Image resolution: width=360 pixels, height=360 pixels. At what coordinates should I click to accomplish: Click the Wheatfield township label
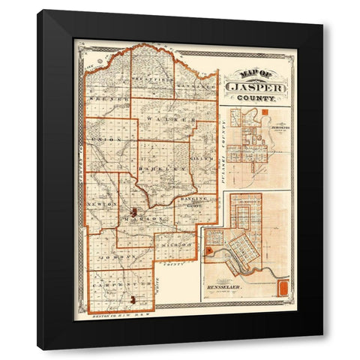point(153,78)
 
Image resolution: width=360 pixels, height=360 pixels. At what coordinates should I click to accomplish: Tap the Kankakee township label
point(196,85)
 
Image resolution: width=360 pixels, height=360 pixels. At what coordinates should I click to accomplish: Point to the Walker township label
point(169,120)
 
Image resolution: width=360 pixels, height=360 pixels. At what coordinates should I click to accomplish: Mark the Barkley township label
point(167,170)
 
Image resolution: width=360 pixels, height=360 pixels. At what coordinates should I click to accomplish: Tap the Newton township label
point(103,202)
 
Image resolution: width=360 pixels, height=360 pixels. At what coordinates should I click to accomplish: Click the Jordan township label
point(125,256)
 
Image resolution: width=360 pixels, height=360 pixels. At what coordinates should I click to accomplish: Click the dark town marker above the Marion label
point(133,211)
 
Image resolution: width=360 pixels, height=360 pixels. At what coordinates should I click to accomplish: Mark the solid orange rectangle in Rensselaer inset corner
point(283,289)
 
